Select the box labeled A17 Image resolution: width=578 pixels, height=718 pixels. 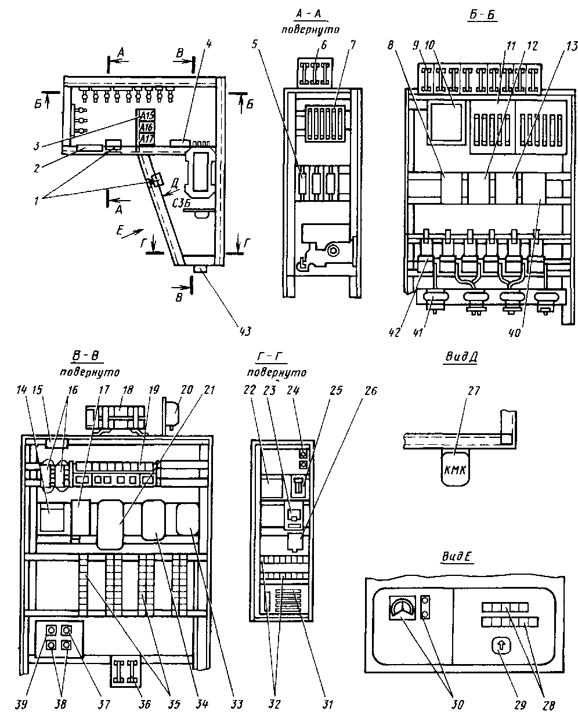pyautogui.click(x=146, y=139)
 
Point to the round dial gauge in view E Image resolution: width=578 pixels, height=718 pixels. pyautogui.click(x=400, y=608)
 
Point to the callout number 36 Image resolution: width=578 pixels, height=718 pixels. pyautogui.click(x=144, y=705)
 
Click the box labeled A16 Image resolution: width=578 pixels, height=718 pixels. pyautogui.click(x=146, y=127)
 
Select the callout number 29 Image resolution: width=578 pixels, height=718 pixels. pyautogui.click(x=519, y=705)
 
